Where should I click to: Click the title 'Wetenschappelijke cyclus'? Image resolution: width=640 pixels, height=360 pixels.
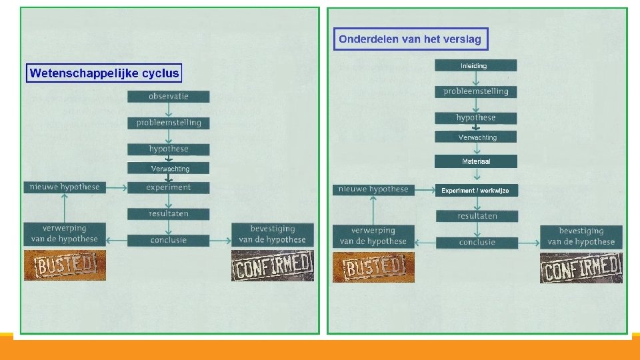tap(104, 73)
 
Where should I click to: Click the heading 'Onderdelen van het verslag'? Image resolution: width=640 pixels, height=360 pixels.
tap(410, 39)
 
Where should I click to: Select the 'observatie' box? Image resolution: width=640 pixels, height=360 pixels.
tap(169, 97)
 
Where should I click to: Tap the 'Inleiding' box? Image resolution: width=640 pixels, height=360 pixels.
tap(475, 65)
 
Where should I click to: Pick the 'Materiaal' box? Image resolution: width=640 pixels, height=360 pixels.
tap(476, 161)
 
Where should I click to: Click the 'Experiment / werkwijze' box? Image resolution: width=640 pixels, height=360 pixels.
tap(475, 191)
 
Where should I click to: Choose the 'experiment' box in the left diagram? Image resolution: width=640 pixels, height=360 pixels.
tap(169, 188)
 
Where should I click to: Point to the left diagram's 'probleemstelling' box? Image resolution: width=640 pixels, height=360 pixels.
tap(169, 123)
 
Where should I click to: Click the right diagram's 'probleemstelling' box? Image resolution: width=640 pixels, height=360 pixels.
tap(475, 91)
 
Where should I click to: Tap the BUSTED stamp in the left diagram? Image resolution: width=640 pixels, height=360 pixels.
tap(65, 266)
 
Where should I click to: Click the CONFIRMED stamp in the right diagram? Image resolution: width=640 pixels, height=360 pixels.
tap(581, 268)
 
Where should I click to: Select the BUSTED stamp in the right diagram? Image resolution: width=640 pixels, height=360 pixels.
tap(373, 267)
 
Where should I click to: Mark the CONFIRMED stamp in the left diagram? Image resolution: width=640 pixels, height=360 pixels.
tap(272, 266)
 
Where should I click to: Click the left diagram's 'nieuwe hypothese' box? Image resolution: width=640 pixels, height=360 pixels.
tap(65, 187)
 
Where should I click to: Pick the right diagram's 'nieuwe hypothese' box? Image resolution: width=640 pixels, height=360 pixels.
tap(373, 189)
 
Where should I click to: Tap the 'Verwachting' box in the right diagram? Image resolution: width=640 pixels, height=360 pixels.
tap(476, 137)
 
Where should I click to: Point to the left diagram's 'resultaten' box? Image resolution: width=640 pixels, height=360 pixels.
tap(169, 214)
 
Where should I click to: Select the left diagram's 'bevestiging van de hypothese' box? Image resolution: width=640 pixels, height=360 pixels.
tap(272, 234)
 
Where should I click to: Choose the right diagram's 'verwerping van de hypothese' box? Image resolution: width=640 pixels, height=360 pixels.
tap(373, 236)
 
